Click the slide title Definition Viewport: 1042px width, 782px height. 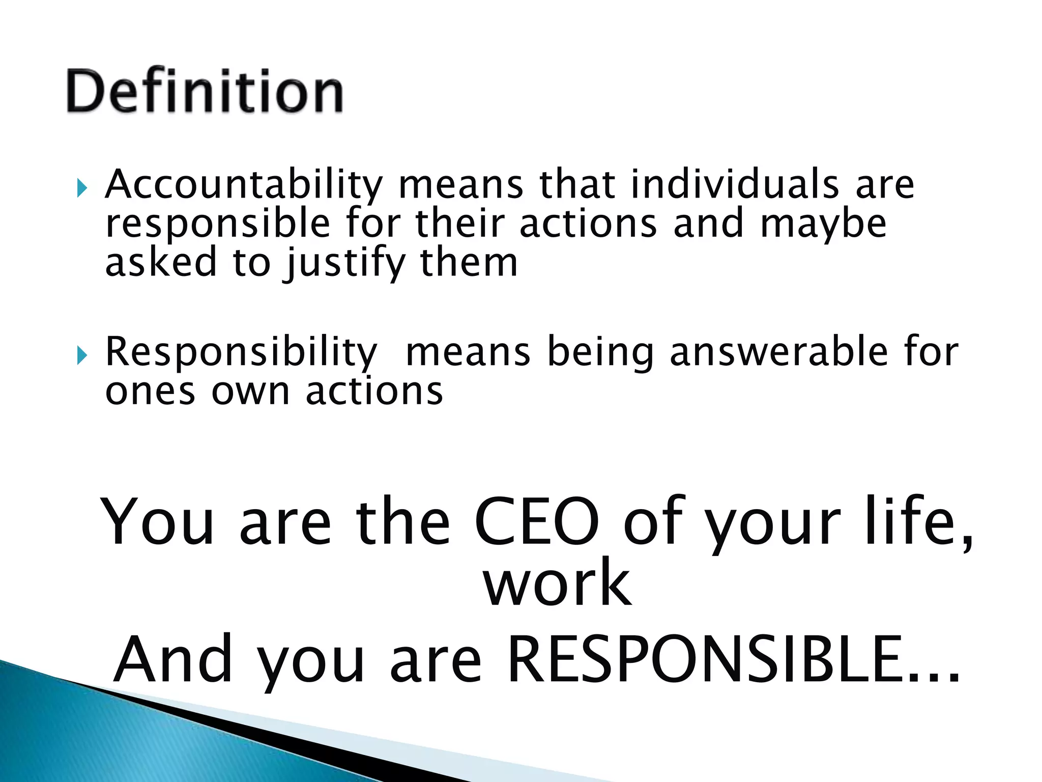click(205, 92)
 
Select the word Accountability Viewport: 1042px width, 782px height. click(244, 185)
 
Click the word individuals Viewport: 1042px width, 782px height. click(734, 184)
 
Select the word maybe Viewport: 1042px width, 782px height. click(823, 224)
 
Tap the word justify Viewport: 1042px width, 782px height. click(345, 264)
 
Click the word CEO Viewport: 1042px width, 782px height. click(537, 522)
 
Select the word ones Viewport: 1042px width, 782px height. click(150, 393)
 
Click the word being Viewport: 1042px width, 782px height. click(600, 353)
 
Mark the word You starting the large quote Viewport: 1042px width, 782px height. click(158, 522)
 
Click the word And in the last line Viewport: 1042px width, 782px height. click(173, 660)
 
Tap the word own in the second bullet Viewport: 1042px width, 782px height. click(250, 393)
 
